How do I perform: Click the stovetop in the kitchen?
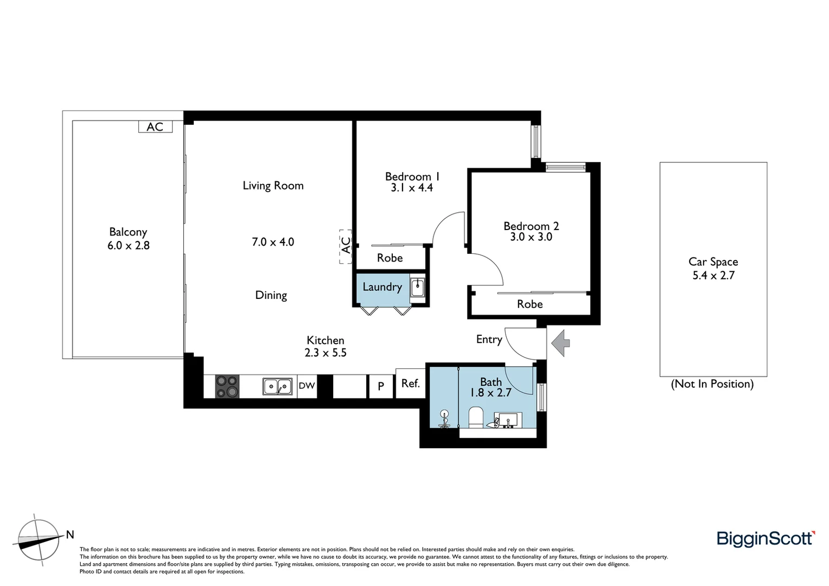click(227, 386)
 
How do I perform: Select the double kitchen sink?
click(278, 386)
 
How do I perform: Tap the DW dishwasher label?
click(307, 386)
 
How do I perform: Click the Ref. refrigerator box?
click(410, 383)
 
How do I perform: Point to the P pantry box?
click(381, 386)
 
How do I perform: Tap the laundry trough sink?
click(417, 287)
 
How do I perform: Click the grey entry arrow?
click(560, 343)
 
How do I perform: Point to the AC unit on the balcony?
click(155, 126)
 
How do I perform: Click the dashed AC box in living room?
click(346, 246)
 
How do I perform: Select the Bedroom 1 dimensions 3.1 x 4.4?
click(412, 188)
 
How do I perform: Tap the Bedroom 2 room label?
click(531, 226)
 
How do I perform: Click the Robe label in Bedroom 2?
click(530, 304)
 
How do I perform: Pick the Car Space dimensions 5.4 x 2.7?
click(713, 276)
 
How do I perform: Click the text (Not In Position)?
click(712, 384)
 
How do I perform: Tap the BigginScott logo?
click(766, 538)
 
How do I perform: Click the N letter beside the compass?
click(70, 534)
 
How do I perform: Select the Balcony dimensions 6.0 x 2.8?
click(128, 245)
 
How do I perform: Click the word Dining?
click(271, 295)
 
